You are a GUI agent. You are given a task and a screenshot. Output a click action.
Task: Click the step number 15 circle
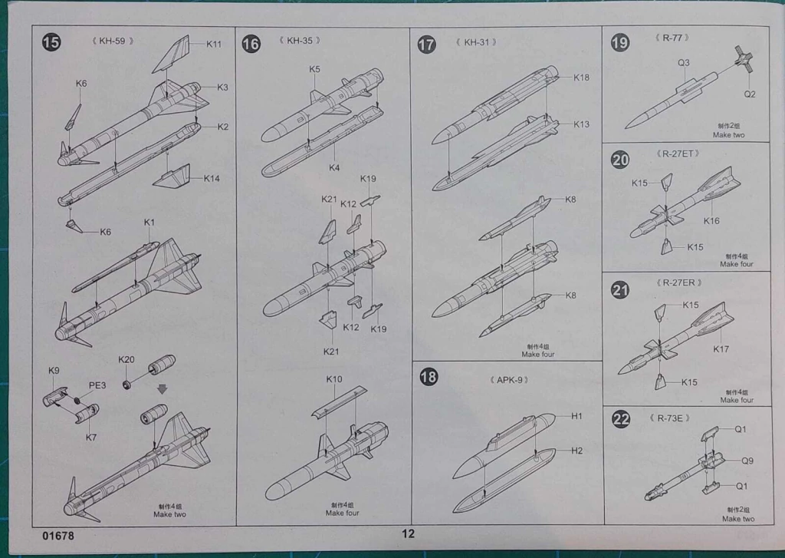[x=51, y=42]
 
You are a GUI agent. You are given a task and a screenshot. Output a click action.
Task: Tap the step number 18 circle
[x=429, y=377]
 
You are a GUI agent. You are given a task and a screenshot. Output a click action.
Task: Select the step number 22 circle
[x=621, y=418]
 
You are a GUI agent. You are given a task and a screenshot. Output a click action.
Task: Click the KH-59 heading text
[x=113, y=41]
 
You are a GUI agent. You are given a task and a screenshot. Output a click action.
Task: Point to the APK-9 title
[x=510, y=380]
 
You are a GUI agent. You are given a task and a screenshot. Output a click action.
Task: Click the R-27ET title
[x=678, y=154]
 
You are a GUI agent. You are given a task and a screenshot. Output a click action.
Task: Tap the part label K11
[x=214, y=44]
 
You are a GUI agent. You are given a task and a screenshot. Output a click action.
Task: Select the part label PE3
[x=97, y=385]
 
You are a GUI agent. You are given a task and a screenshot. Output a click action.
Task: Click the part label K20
[x=126, y=359]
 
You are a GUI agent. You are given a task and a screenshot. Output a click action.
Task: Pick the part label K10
[x=334, y=379]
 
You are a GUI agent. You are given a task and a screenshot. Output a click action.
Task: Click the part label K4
[x=334, y=167]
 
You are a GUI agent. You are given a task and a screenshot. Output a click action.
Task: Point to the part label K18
[x=581, y=78]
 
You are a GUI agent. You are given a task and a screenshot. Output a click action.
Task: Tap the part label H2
[x=576, y=451]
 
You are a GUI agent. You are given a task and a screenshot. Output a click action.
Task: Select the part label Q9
[x=747, y=461]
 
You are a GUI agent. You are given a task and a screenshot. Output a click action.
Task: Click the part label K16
[x=711, y=220]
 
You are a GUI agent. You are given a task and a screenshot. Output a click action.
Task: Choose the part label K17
[x=721, y=349]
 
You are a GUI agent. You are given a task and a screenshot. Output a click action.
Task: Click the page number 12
[x=408, y=533]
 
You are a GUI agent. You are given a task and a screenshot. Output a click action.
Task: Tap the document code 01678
[x=58, y=536]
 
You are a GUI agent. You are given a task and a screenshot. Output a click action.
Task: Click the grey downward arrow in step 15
[x=163, y=389]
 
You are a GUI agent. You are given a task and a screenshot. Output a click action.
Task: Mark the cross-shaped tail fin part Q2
[x=743, y=59]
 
